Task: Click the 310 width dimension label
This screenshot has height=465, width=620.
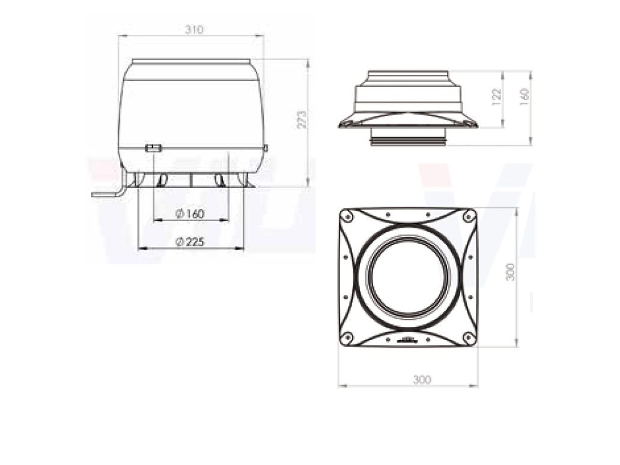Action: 194,29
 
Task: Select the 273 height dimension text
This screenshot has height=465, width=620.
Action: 302,120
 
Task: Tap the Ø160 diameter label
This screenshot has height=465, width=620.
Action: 190,213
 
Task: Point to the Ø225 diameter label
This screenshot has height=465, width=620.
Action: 190,242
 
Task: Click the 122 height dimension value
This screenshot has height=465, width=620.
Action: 497,97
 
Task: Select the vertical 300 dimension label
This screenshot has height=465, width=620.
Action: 511,272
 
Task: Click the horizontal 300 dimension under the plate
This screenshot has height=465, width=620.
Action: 422,380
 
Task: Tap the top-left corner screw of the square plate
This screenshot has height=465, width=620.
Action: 347,216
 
